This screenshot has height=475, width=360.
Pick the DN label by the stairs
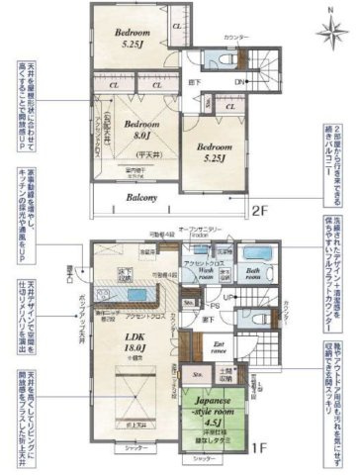click(239, 83)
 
